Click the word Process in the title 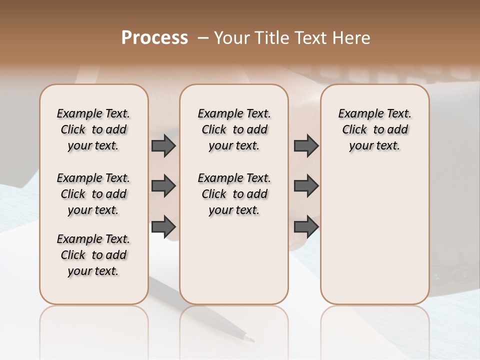click(154, 38)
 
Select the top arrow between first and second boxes click(163, 146)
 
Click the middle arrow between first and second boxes click(163, 186)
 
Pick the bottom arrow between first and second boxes click(163, 226)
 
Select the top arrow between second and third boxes click(306, 146)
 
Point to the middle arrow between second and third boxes click(306, 186)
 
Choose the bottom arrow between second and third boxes click(306, 226)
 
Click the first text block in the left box click(93, 129)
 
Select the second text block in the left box click(93, 194)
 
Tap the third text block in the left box click(93, 255)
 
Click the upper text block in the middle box click(234, 129)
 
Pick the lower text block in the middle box click(234, 194)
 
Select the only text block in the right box click(375, 129)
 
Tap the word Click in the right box click(354, 130)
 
